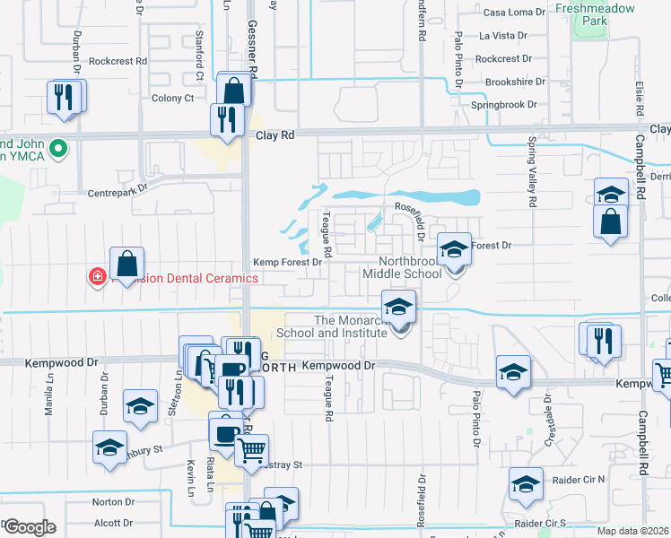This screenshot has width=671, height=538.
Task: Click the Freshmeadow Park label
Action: (595, 14)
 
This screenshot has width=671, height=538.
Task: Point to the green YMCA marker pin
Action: (59, 148)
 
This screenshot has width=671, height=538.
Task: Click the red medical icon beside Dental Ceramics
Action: (96, 277)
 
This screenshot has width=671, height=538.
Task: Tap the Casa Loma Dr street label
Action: (514, 12)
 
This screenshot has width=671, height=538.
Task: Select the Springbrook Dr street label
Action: (503, 105)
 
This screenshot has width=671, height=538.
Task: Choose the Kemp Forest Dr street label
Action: (287, 262)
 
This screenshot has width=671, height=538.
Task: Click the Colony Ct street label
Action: (173, 98)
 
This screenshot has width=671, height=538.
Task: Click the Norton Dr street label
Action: (112, 502)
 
